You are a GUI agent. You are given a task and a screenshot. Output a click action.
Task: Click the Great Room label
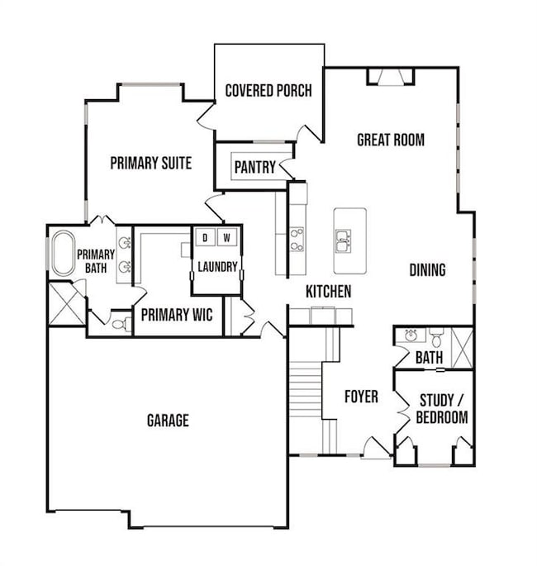pyautogui.click(x=391, y=140)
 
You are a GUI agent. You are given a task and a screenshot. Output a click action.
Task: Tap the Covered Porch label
pyautogui.click(x=268, y=90)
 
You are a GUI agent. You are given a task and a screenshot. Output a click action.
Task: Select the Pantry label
pyautogui.click(x=254, y=168)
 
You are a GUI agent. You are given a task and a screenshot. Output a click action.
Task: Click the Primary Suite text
pyautogui.click(x=151, y=164)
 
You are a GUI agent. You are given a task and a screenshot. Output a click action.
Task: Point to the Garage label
pyautogui.click(x=168, y=421)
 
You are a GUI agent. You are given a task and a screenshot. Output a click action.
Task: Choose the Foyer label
pyautogui.click(x=361, y=397)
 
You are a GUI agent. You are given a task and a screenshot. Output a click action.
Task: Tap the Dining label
pyautogui.click(x=427, y=270)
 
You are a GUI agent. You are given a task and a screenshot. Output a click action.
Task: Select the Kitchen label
pyautogui.click(x=328, y=292)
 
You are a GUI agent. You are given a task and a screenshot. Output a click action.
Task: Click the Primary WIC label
pyautogui.click(x=178, y=315)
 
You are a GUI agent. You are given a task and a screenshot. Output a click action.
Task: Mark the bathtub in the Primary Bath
pyautogui.click(x=62, y=254)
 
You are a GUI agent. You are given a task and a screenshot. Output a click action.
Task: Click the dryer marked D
pyautogui.click(x=205, y=238)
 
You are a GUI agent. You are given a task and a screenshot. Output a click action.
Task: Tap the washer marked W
pyautogui.click(x=227, y=238)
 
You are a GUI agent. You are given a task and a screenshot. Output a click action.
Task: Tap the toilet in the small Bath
pyautogui.click(x=437, y=337)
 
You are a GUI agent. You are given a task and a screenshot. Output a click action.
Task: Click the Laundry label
pyautogui.click(x=217, y=267)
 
